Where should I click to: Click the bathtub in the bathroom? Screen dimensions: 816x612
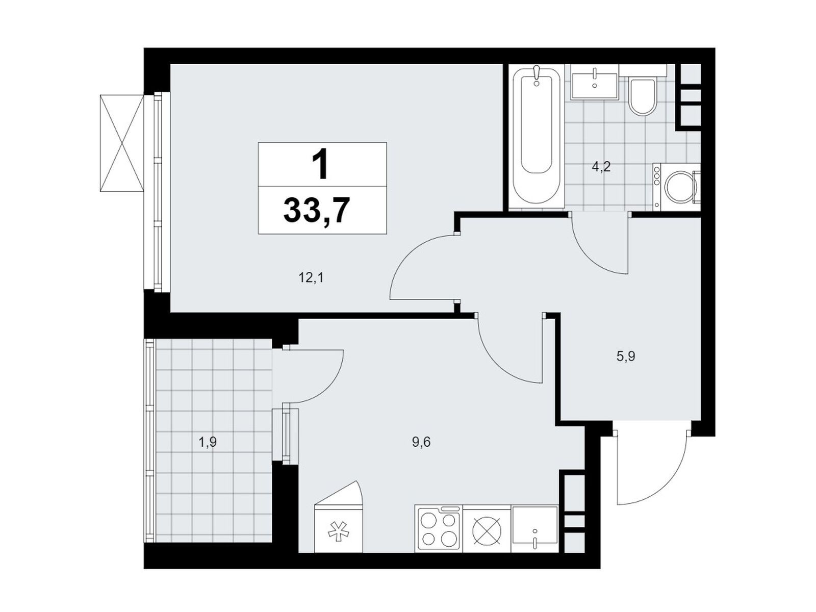coord(535,135)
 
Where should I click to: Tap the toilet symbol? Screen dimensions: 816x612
coord(642,96)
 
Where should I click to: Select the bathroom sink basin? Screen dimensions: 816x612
coord(595,86)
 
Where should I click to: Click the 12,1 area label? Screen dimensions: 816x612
coord(311,277)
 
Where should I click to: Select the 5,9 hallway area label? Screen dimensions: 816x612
coord(626,356)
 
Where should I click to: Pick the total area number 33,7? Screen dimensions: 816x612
coord(317,211)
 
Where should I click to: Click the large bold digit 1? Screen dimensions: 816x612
coord(320,164)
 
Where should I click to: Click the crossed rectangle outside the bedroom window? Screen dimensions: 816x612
coord(121,143)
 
